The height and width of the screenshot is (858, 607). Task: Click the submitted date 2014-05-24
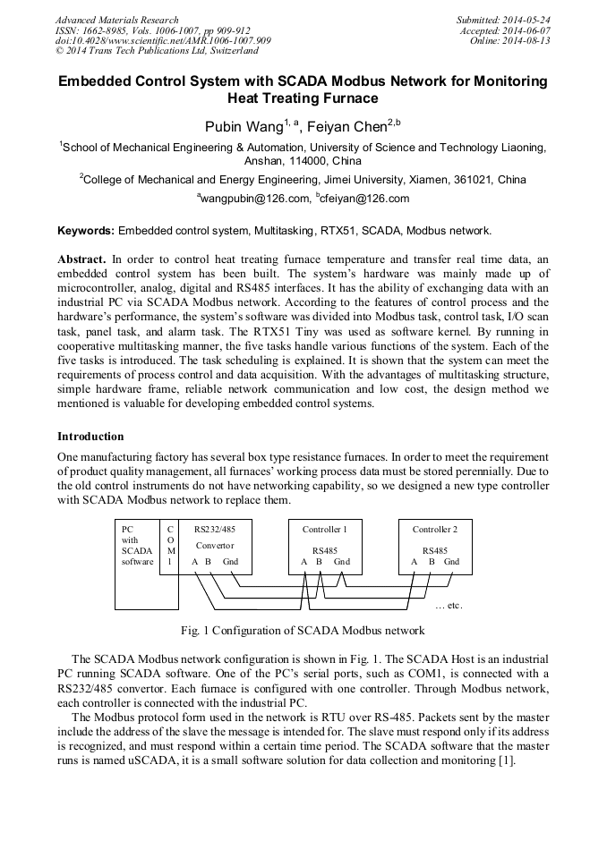click(x=525, y=20)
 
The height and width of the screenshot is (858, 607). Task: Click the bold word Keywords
click(x=86, y=230)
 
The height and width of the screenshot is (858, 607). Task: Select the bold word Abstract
click(x=81, y=259)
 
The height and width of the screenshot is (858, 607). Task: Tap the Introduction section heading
click(x=90, y=437)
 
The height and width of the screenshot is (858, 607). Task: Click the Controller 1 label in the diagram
click(x=323, y=530)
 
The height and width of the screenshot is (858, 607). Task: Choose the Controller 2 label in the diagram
click(x=434, y=530)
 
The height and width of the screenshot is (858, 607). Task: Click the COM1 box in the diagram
click(x=169, y=545)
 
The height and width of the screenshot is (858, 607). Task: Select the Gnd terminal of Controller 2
click(x=451, y=562)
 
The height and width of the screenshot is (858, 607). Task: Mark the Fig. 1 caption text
click(x=303, y=631)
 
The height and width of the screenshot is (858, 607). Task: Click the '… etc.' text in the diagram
click(x=448, y=606)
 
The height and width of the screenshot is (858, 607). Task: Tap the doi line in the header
click(x=163, y=41)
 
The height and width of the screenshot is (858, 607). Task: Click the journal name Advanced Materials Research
click(x=116, y=20)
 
